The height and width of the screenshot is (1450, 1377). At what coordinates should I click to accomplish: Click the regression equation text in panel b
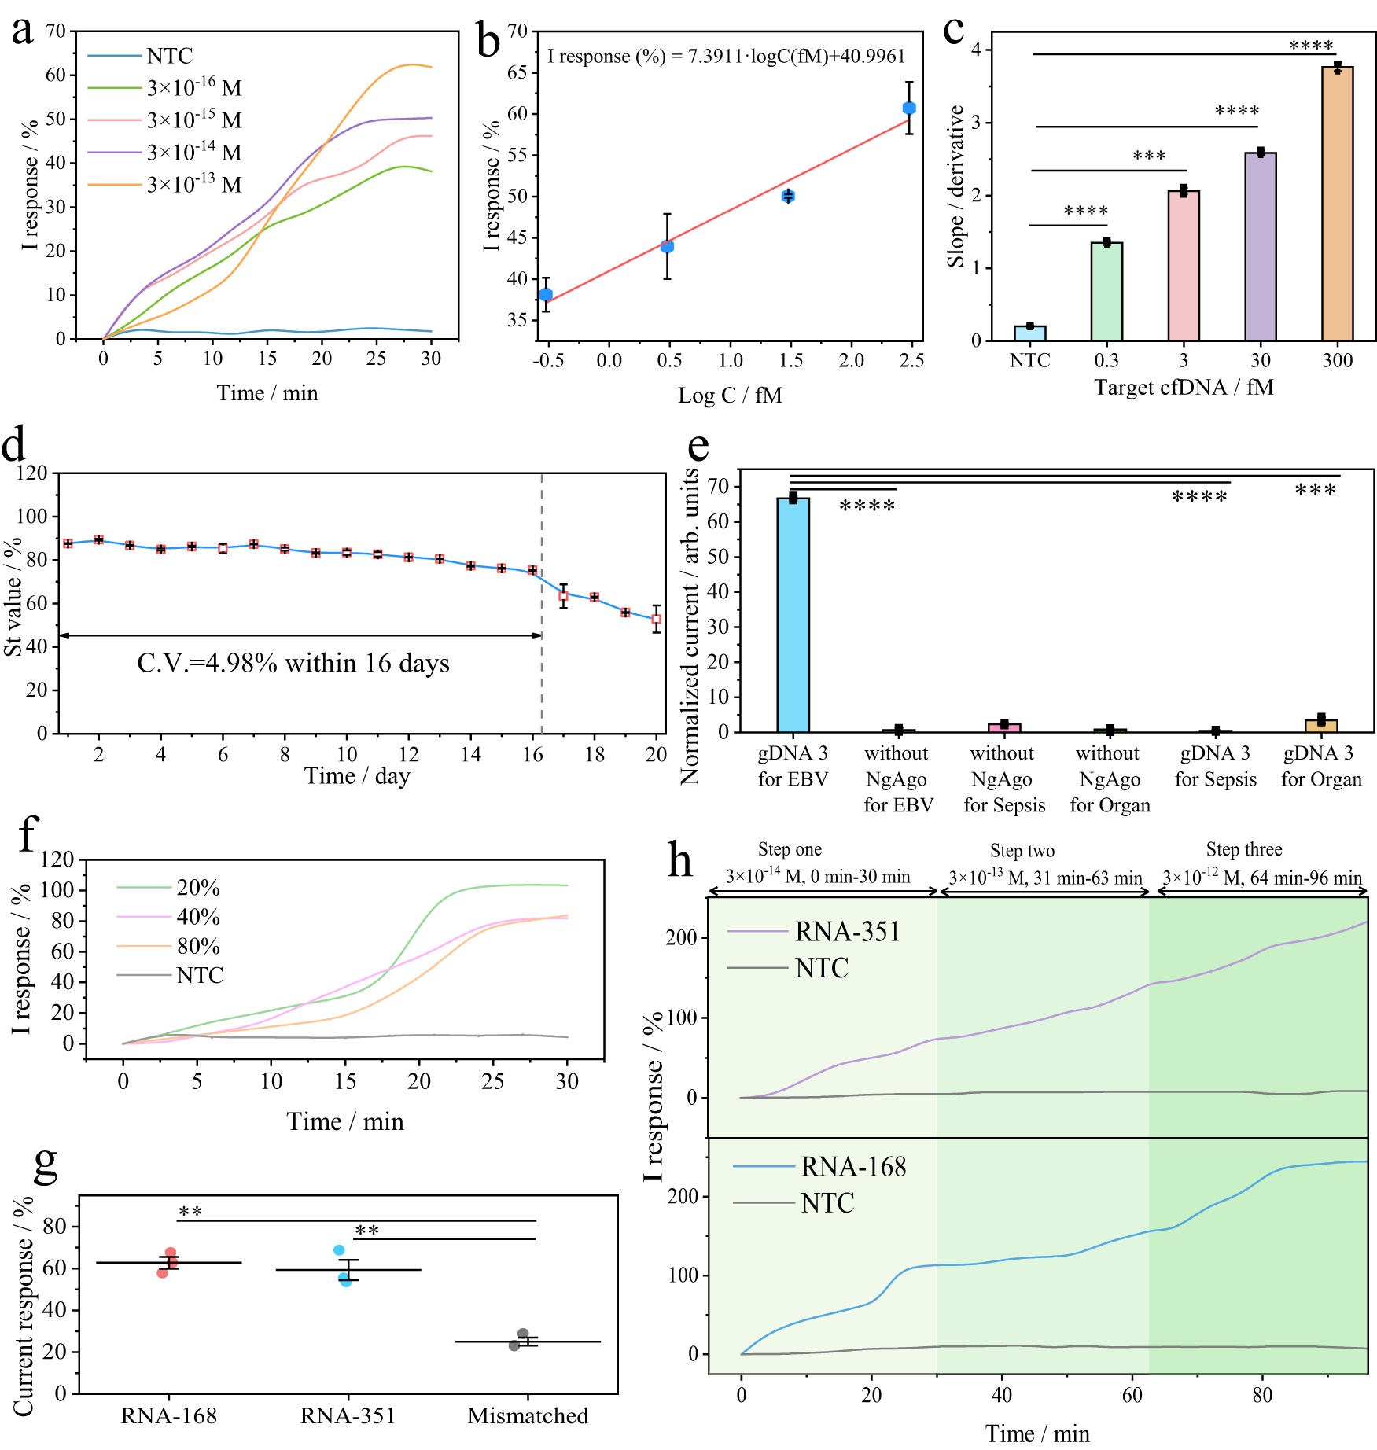click(726, 57)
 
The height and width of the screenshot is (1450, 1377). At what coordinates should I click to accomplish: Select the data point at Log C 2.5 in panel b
click(909, 108)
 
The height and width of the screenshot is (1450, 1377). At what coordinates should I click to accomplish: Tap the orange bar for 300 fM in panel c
click(1337, 204)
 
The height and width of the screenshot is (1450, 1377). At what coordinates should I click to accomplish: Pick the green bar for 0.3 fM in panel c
click(1106, 292)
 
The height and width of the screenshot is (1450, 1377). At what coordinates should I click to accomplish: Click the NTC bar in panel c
click(1029, 333)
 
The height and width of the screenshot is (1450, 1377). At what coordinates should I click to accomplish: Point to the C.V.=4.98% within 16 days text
click(293, 664)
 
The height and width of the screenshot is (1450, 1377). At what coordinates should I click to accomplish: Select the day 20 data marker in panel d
click(656, 619)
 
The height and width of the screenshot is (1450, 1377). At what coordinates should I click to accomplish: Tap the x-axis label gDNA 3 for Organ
click(1320, 766)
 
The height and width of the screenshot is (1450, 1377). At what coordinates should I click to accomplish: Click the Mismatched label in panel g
click(528, 1416)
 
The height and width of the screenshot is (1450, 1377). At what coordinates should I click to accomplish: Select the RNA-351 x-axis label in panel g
click(348, 1416)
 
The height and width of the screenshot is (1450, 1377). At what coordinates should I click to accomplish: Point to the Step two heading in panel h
click(1022, 851)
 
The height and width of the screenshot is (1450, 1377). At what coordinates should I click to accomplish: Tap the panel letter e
click(698, 447)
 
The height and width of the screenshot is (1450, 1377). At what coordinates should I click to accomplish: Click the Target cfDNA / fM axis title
click(1184, 388)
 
